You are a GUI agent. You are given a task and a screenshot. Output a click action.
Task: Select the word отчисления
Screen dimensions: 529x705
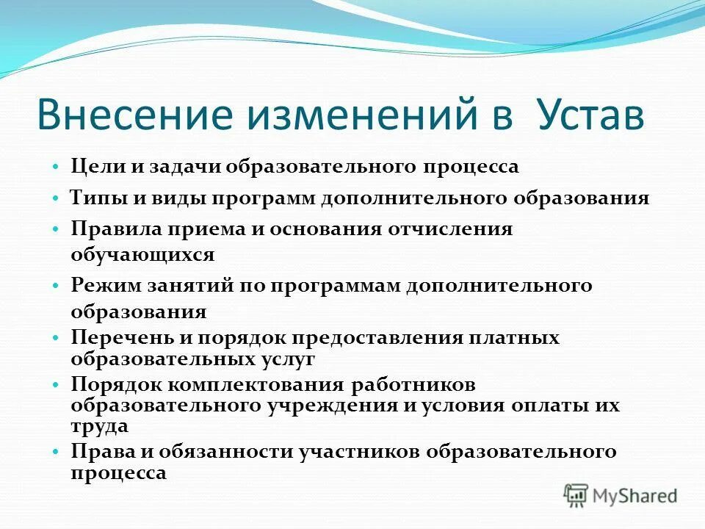point(450,228)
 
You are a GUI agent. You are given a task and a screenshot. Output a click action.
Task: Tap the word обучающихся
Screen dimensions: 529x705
point(142,255)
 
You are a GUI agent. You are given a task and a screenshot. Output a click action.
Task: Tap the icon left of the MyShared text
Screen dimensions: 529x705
point(576,495)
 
